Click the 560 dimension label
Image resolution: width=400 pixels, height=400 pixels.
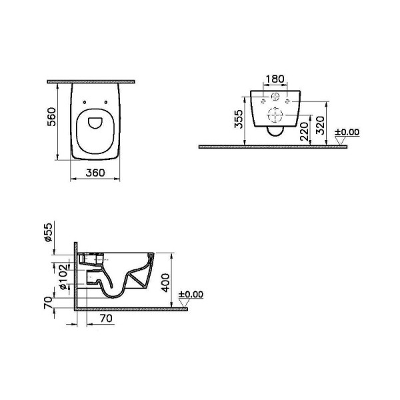[x=51, y=117]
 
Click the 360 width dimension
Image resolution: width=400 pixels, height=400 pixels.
[x=95, y=173]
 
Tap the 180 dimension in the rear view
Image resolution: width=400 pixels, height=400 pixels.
[x=275, y=79]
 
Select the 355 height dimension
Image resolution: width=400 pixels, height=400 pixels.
[x=239, y=119]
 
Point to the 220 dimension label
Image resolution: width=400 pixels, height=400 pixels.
[x=304, y=131]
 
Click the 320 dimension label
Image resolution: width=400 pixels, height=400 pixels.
[x=320, y=125]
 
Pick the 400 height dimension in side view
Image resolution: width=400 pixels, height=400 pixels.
[x=165, y=283]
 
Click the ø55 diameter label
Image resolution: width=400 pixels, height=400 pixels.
[x=48, y=232]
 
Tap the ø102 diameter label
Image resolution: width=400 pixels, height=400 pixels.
[x=64, y=277]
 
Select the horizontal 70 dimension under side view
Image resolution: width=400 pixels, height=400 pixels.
[x=106, y=318]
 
